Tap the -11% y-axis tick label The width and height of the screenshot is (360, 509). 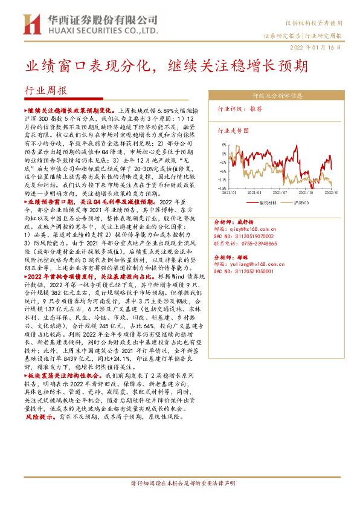point(222,180)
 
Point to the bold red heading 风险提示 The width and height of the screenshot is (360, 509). point(39,417)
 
